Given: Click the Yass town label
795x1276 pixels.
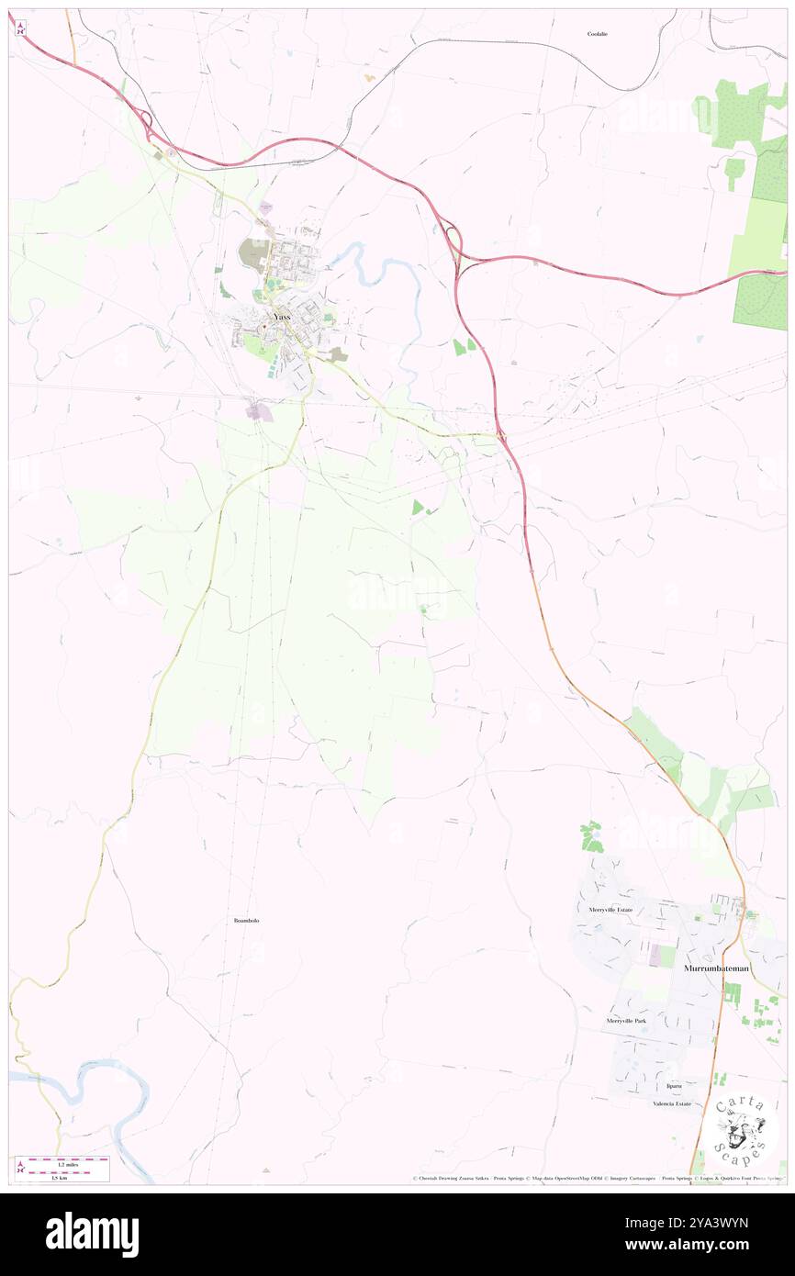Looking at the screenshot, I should point(283,317).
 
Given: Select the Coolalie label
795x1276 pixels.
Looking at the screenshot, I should point(598,34).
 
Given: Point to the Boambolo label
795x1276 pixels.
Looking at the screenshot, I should point(246,919).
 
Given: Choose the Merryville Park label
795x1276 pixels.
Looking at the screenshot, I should point(626,1021).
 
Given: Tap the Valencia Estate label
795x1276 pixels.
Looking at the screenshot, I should point(672,1103).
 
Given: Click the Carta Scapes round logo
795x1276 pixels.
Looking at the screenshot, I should point(741,1128).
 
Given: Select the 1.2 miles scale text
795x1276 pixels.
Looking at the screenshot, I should point(60,1163).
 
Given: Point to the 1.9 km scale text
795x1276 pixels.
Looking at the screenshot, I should point(60,1177).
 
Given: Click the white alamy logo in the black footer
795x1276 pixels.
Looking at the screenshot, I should point(92,1234).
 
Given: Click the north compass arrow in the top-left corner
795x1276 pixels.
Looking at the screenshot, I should point(19,27).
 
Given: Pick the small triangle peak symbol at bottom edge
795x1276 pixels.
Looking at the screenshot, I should point(266,1170).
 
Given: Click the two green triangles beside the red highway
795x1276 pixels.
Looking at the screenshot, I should point(465,346).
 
